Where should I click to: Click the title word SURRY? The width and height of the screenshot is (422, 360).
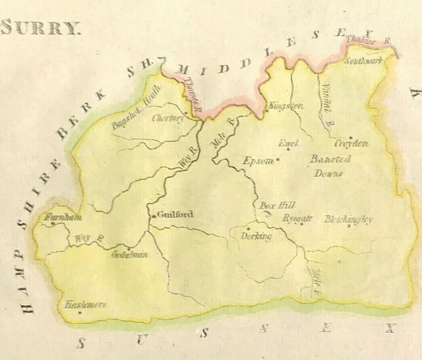tap(41, 28)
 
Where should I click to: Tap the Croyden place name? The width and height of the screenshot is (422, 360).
tap(351, 143)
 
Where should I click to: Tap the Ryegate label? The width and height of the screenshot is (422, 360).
tap(296, 219)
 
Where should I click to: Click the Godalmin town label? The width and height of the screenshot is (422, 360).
tap(130, 255)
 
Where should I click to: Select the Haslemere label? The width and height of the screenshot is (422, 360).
tap(86, 305)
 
